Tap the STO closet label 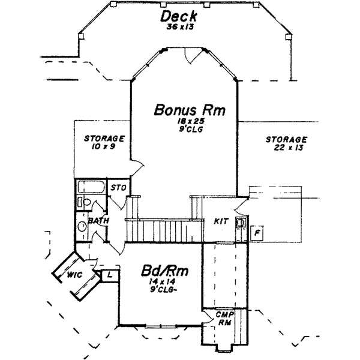118,188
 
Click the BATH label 97,221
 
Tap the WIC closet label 75,275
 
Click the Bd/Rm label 164,271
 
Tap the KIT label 221,221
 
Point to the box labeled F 257,232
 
